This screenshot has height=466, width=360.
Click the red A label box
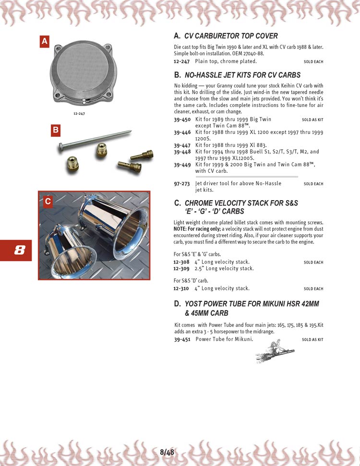(45, 42)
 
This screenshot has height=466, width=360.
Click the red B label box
(56, 130)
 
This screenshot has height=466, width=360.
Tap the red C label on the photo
(48, 202)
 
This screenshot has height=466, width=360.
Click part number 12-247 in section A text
(181, 61)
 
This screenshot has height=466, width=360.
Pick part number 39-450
(182, 119)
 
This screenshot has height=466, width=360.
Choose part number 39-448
(182, 152)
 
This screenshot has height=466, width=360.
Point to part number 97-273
(181, 183)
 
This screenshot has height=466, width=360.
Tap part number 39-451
(182, 339)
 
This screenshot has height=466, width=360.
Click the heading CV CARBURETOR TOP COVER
(231, 36)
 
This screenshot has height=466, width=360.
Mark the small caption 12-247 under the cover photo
(79, 114)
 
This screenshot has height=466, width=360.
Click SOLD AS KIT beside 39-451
(312, 340)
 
